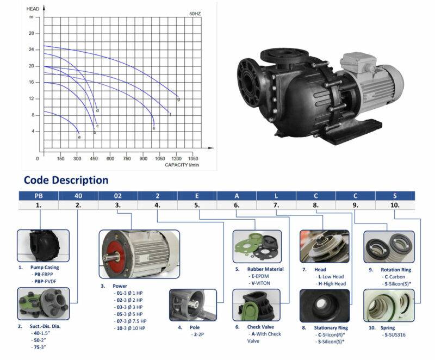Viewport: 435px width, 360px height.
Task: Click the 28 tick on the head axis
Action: click(x=32, y=33)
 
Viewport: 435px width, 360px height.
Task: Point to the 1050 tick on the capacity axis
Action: click(x=160, y=159)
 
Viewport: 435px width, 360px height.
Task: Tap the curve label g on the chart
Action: click(x=178, y=99)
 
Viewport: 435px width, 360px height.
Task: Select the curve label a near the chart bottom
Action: click(x=79, y=137)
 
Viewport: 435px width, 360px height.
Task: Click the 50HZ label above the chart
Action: click(x=195, y=14)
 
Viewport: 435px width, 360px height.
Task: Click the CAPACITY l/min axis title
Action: click(x=182, y=165)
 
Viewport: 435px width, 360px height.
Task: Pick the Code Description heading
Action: click(x=66, y=180)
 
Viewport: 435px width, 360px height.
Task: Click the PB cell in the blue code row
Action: click(x=39, y=196)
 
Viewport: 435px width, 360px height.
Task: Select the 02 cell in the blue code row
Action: click(x=117, y=196)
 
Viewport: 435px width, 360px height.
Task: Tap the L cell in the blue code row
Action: click(x=276, y=196)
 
